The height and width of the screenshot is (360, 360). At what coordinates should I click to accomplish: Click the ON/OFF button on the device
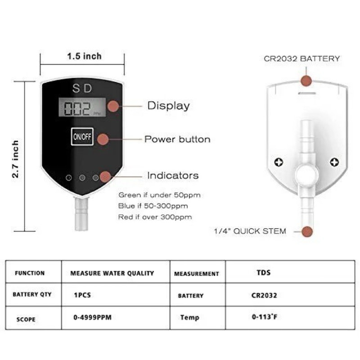point(82,137)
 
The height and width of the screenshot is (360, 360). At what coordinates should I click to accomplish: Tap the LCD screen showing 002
point(82,107)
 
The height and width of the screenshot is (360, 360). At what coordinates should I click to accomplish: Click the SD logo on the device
point(82,88)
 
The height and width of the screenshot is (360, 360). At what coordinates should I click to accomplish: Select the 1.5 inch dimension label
point(84,56)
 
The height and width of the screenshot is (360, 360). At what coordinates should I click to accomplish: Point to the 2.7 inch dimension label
point(15,159)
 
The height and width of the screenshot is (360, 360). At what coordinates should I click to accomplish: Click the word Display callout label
point(168,106)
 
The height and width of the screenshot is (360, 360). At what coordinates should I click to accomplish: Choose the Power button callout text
point(177,139)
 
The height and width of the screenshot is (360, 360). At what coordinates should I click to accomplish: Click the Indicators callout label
point(173,175)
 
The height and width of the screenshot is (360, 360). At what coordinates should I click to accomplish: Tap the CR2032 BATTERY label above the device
point(301,58)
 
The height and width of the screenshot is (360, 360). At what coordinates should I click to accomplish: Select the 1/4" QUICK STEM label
point(250,231)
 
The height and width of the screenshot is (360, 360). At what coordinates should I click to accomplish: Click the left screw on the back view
point(279,162)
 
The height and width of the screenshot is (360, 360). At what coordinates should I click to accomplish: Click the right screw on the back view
point(334,162)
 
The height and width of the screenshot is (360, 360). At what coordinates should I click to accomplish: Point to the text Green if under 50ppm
point(160,195)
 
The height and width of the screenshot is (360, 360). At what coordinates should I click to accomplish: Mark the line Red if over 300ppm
point(155,217)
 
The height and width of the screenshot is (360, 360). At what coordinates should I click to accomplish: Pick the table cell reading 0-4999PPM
point(93,317)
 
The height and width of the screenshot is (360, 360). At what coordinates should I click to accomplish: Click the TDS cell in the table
point(264,273)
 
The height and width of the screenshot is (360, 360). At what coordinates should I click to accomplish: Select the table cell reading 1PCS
point(82,295)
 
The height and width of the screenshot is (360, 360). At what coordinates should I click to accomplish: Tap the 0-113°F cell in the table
point(265,317)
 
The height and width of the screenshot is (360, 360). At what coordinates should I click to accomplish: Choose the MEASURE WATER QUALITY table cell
point(112,273)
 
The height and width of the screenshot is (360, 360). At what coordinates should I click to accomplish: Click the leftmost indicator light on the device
point(69,178)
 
